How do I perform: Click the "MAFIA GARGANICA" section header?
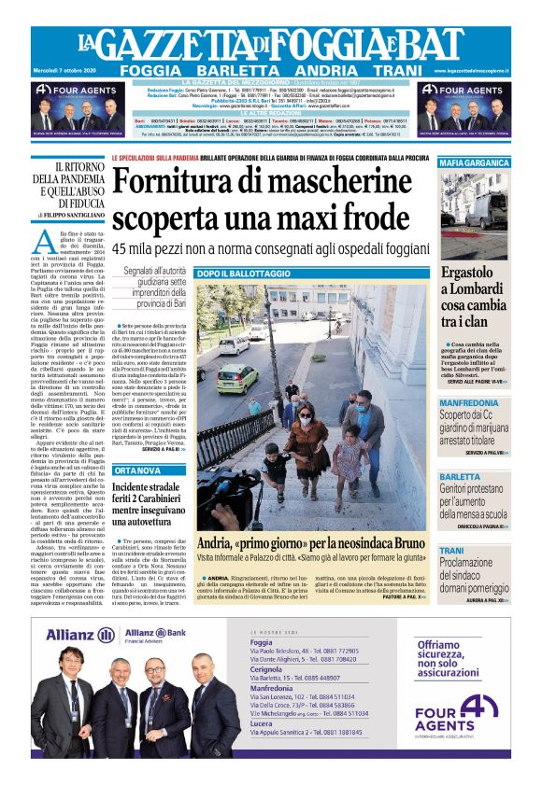point(476,163)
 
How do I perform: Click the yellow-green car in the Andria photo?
point(237,376)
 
